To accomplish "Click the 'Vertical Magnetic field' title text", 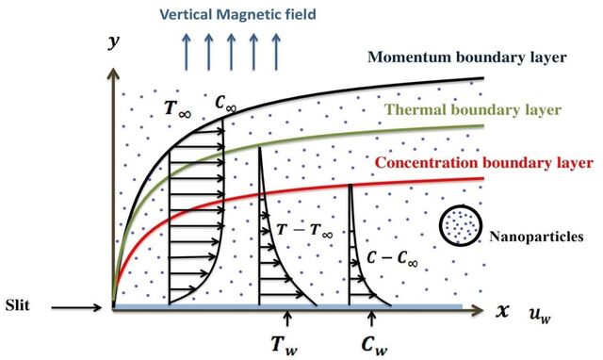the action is pyautogui.click(x=237, y=15).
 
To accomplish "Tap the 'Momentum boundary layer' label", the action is pyautogui.click(x=467, y=57).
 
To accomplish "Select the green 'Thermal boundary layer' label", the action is pyautogui.click(x=473, y=110).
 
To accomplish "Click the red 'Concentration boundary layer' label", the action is pyautogui.click(x=483, y=163).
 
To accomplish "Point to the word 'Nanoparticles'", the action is pyautogui.click(x=536, y=237).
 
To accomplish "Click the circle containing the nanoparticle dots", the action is pyautogui.click(x=461, y=226).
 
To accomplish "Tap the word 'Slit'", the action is pyautogui.click(x=17, y=305).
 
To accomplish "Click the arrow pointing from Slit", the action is pyautogui.click(x=76, y=307).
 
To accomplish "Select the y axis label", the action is pyautogui.click(x=114, y=41).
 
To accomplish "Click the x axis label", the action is pyautogui.click(x=502, y=310).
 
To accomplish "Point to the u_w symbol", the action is pyautogui.click(x=540, y=316).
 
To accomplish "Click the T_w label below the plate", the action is pyautogui.click(x=284, y=344).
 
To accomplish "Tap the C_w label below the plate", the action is pyautogui.click(x=374, y=344).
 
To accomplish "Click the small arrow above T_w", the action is pyautogui.click(x=286, y=319).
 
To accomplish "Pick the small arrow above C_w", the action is pyautogui.click(x=371, y=319).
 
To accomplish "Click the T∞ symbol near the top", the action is pyautogui.click(x=177, y=108).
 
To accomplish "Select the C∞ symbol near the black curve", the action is pyautogui.click(x=225, y=103).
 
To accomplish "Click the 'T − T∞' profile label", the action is pyautogui.click(x=304, y=230).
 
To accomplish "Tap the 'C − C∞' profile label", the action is pyautogui.click(x=392, y=257).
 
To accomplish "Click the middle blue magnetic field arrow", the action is pyautogui.click(x=231, y=52).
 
